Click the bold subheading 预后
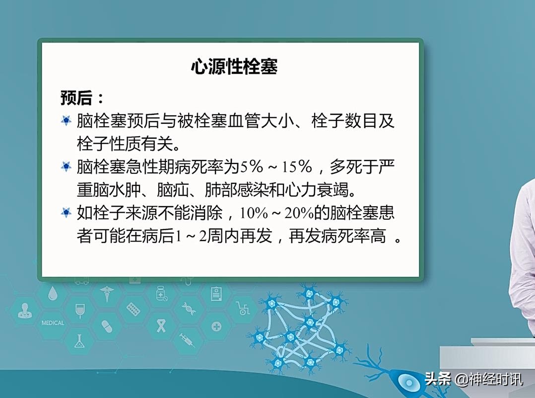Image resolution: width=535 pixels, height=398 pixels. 77,97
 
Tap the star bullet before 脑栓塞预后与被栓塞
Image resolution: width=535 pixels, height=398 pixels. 66,121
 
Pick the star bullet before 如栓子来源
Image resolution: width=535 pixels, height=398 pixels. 66,213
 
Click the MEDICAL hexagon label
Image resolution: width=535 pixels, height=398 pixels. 53,323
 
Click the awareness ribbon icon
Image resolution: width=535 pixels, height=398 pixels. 160,325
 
